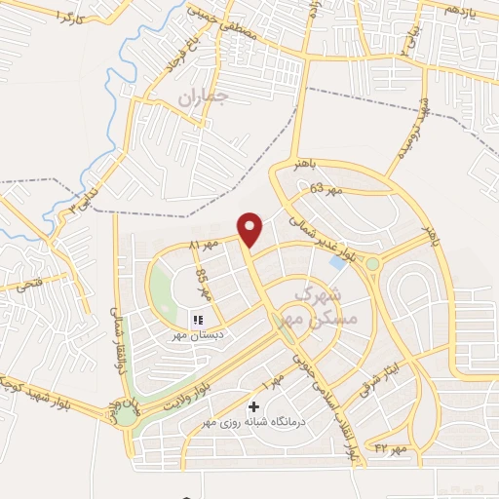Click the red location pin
tap(251, 229)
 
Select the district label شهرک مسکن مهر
tap(326, 305)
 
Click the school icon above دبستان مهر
tap(198, 320)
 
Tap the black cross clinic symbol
tap(254, 406)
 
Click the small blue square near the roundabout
tap(336, 262)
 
